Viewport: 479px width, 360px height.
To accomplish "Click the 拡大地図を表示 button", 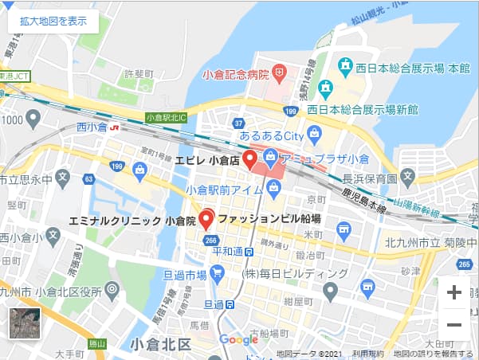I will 53,22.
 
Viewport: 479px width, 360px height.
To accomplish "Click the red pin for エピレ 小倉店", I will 249,160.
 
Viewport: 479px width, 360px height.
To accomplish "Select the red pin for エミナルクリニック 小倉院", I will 206,219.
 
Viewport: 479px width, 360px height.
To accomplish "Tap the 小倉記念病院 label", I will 236,75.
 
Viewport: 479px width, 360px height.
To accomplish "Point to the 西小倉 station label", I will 92,126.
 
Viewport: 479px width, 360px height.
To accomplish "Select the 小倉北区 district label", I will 159,344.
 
